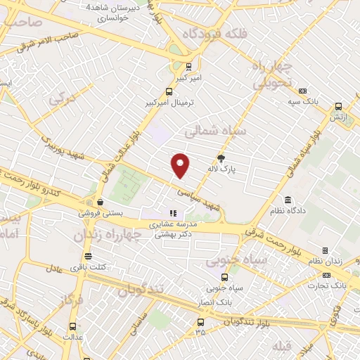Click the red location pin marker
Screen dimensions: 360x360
(181, 165)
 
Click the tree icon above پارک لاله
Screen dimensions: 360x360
(221, 158)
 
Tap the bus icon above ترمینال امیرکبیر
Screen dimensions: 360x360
(168, 91)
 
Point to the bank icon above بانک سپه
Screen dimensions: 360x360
(303, 91)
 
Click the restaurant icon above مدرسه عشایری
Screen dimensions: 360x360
(172, 214)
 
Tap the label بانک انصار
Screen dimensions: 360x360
(214, 301)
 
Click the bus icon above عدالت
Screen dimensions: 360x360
(72, 326)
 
